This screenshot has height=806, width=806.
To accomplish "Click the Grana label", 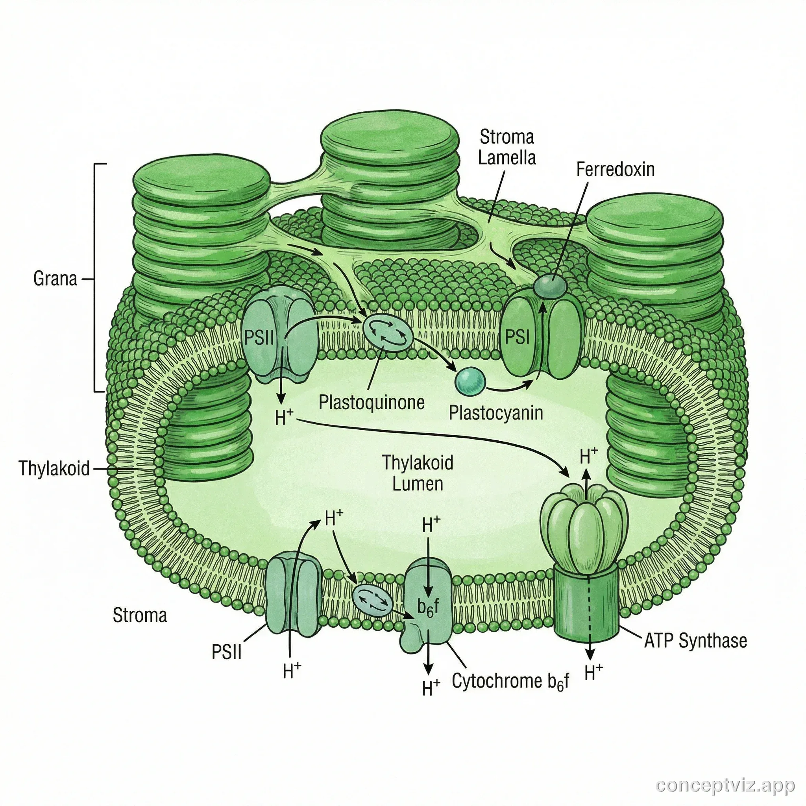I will tap(55, 279).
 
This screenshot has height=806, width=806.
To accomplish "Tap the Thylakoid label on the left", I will tap(54, 468).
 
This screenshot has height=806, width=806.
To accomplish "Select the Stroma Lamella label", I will tap(507, 147).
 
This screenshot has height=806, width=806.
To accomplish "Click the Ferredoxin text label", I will tap(615, 169).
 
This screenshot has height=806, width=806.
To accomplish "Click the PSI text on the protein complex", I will tap(517, 336).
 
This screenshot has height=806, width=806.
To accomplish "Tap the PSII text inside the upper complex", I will tap(259, 338).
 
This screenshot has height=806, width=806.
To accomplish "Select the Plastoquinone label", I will tap(371, 403).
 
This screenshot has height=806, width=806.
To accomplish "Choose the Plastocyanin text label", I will tap(495, 413).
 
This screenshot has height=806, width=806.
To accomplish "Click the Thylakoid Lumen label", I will tap(418, 473).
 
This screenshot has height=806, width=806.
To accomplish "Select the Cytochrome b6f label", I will tap(510, 681).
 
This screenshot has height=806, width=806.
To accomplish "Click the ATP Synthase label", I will tap(695, 641).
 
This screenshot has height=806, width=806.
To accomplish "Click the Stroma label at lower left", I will tap(140, 616).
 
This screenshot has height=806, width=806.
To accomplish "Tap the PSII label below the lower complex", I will tap(227, 652).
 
